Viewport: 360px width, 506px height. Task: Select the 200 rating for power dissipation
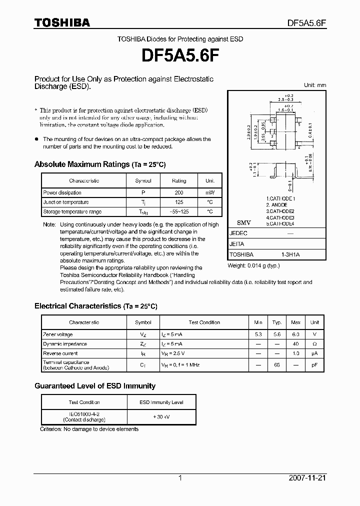(179, 192)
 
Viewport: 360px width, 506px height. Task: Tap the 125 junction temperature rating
(179, 202)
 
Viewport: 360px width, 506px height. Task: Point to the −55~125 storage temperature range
(179, 212)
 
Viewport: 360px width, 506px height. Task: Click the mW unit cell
(209, 192)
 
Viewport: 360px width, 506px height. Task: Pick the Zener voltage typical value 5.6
(277, 334)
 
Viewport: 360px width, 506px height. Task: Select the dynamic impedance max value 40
(295, 344)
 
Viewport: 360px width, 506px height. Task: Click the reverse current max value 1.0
(295, 353)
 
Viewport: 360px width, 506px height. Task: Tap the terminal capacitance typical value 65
(277, 365)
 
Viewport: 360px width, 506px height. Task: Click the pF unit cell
(314, 365)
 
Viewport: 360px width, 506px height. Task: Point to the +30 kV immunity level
(160, 417)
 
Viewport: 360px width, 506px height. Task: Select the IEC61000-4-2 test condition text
(84, 414)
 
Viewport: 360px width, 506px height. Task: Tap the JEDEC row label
(238, 233)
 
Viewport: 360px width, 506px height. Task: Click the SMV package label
(243, 222)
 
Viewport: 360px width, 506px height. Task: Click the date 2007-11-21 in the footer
(307, 478)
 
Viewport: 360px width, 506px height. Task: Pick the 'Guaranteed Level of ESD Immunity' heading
(95, 386)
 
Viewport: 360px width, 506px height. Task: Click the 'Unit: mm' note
(315, 85)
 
